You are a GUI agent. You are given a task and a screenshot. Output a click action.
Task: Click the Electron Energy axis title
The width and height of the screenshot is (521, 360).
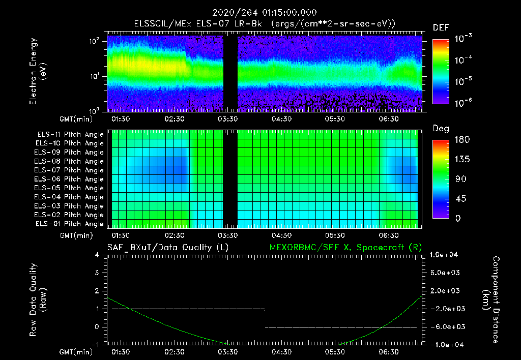pos(38,72)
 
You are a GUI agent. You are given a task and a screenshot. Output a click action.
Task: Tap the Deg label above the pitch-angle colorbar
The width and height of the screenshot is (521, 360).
pos(441,129)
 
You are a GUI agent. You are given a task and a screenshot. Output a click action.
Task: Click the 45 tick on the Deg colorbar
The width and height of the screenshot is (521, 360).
pos(459,199)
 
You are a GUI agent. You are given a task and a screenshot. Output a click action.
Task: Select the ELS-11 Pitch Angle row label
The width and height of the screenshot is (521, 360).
pos(70,134)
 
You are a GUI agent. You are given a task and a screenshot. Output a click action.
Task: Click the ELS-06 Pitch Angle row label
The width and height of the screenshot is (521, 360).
pos(70,179)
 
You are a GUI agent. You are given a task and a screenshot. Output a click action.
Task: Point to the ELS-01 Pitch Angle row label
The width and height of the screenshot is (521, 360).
pos(70,224)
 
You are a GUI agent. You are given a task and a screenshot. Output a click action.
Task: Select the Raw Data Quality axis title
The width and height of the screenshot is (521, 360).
pos(38,299)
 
